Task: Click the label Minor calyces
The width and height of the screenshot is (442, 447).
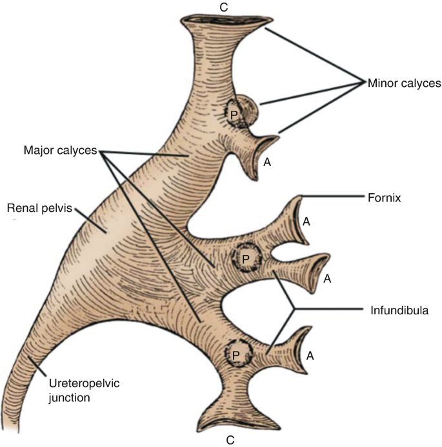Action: (404, 83)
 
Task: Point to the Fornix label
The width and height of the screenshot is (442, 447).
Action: (387, 198)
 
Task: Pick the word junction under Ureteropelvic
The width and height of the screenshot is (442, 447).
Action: (69, 397)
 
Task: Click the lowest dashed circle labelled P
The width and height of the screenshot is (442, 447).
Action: (236, 354)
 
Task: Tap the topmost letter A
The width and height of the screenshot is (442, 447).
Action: (267, 163)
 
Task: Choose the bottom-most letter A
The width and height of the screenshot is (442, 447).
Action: (311, 355)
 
